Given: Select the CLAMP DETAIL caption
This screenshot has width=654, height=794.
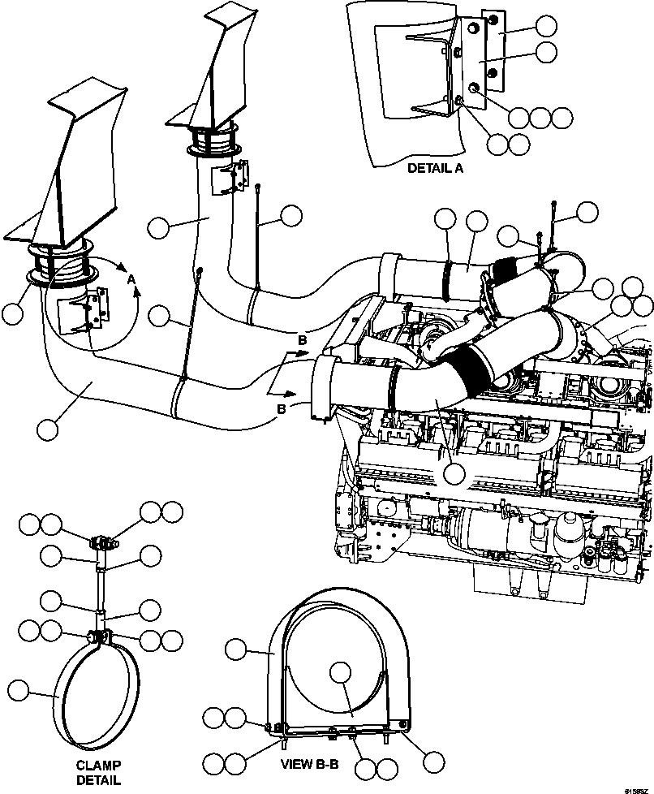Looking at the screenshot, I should (99, 772).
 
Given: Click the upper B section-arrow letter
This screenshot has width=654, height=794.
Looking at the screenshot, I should (302, 340).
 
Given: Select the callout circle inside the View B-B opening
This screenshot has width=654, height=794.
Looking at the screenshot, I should (342, 671).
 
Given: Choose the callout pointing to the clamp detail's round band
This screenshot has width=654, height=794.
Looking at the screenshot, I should (19, 691).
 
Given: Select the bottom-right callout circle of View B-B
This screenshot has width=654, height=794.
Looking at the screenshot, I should (434, 762).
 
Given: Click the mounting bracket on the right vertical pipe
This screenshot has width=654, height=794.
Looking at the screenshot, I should (230, 176).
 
